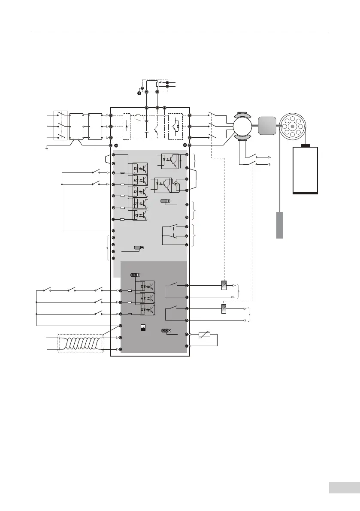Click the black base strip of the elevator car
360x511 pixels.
coord(305,193)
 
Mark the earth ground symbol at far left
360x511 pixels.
coord(46,148)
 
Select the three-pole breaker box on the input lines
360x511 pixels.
coord(60,127)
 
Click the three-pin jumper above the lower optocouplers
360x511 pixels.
coord(135,275)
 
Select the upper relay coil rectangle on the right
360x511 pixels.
coord(224,285)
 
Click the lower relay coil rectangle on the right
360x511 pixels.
coord(224,308)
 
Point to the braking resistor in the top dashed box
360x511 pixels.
coord(157,85)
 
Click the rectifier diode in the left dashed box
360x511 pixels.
coord(127,127)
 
